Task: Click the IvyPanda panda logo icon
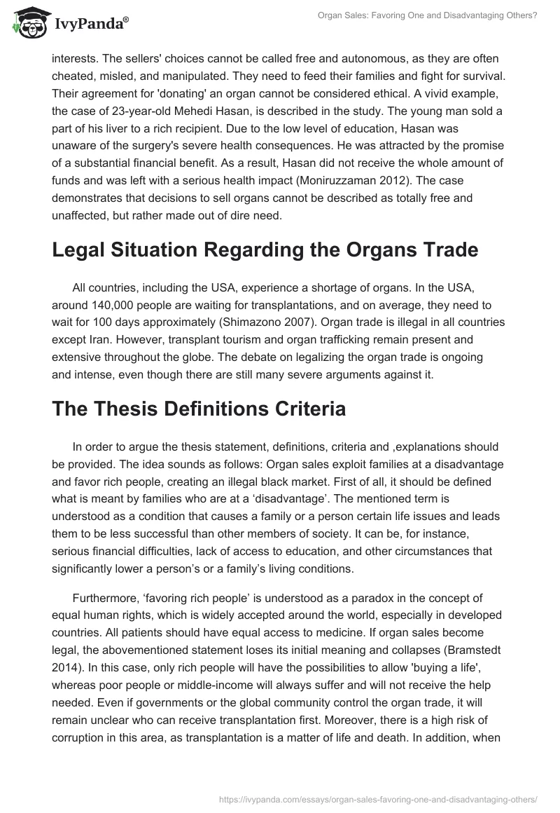tap(27, 22)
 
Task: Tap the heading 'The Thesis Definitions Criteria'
tap(199, 409)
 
